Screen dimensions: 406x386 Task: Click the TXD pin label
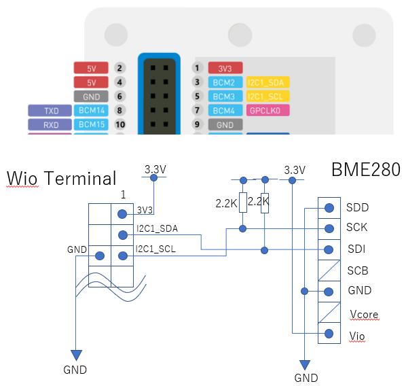point(50,111)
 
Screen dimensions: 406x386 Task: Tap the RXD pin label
point(50,124)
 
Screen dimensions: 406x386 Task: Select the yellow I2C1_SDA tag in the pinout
point(267,82)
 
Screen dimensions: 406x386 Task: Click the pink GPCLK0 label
point(267,111)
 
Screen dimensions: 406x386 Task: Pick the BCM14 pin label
point(91,111)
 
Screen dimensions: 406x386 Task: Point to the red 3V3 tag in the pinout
point(225,68)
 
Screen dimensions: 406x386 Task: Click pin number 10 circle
point(120,124)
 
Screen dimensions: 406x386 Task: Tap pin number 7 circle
point(198,111)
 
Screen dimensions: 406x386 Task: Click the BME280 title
point(366,169)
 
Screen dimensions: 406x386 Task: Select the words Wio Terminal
point(61,178)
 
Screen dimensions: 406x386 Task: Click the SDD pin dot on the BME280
point(329,208)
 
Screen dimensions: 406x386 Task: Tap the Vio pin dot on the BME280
point(329,334)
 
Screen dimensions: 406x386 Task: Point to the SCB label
point(358,270)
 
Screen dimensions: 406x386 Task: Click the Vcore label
point(364,314)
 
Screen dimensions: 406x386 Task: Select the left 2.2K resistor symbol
point(243,203)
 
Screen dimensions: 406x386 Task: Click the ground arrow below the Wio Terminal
point(76,355)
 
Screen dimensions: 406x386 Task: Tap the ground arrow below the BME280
point(305,365)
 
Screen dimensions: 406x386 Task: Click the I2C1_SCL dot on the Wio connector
point(123,256)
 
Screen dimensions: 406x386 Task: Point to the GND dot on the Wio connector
point(100,256)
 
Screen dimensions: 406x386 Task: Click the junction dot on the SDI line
point(264,250)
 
